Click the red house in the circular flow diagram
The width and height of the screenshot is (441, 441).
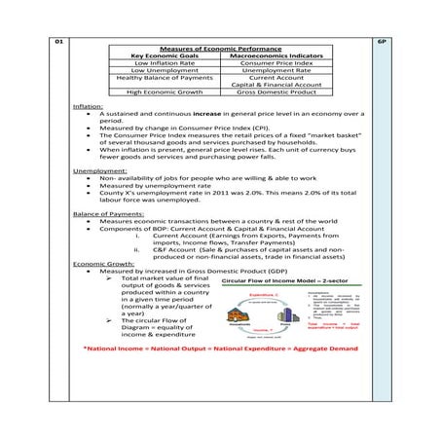237,314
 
